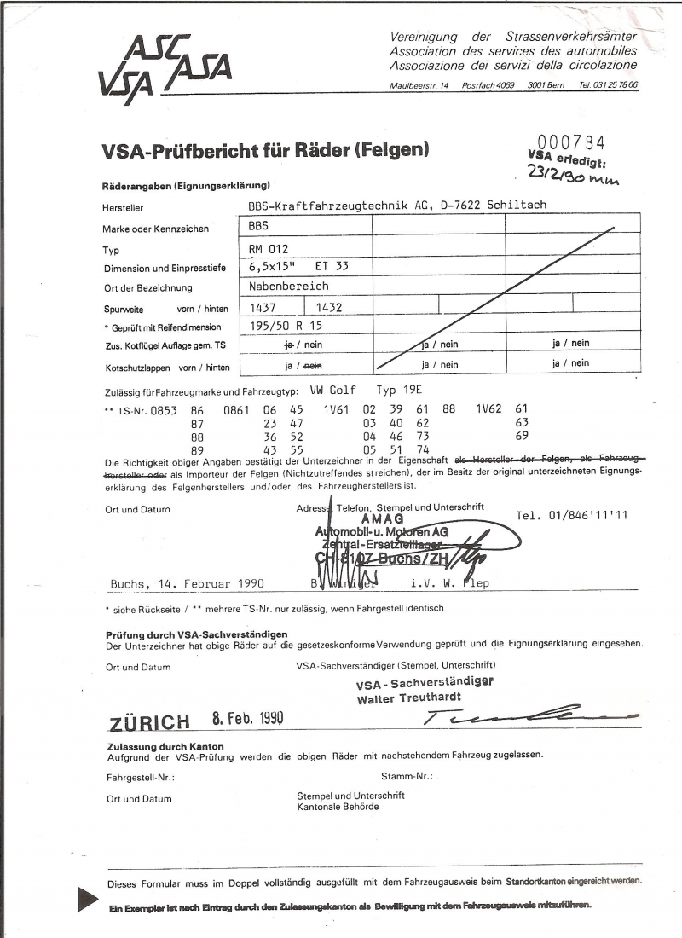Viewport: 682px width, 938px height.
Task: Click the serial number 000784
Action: click(570, 142)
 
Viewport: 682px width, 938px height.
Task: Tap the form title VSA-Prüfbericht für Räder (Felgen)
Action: click(265, 151)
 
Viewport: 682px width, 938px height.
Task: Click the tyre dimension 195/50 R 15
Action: click(285, 326)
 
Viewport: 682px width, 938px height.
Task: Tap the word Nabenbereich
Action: click(288, 287)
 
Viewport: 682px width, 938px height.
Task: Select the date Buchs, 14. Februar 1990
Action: click(188, 584)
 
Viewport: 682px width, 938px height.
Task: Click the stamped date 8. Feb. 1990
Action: click(247, 718)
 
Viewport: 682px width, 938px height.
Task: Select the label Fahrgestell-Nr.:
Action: click(141, 777)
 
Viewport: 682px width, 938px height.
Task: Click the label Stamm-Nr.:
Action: click(407, 777)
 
